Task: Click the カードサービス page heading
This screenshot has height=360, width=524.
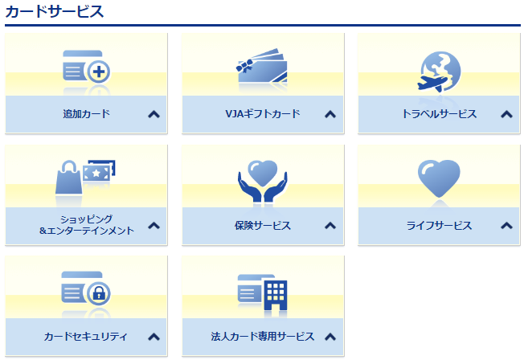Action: [55, 12]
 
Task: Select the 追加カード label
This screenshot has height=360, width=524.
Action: [86, 114]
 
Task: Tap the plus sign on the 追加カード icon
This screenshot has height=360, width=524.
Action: [99, 72]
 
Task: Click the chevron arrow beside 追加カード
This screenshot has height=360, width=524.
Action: [154, 114]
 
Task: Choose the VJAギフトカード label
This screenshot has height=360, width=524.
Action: [263, 114]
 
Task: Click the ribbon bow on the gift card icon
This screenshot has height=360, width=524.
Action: [245, 66]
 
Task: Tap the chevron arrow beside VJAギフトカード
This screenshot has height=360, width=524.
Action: [330, 114]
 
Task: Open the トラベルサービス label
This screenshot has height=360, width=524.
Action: [439, 114]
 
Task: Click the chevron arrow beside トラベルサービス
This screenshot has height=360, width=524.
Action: [506, 114]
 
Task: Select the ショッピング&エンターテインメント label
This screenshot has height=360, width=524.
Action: [86, 225]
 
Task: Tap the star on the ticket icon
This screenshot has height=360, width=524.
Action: [96, 173]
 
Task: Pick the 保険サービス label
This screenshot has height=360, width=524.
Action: [263, 226]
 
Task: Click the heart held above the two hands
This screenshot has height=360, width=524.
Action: [262, 173]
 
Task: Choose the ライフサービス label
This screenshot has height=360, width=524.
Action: [439, 226]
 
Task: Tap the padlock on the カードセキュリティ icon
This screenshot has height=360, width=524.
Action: [99, 294]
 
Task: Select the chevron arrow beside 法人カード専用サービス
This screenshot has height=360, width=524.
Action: [330, 337]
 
